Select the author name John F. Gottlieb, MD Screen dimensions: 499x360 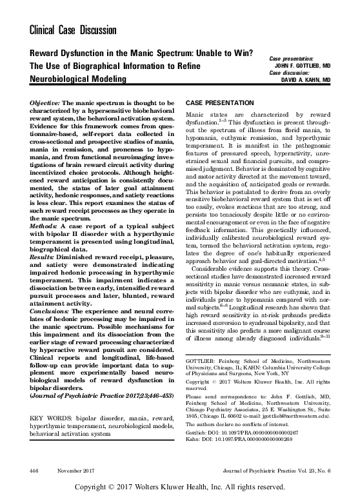tap(303, 65)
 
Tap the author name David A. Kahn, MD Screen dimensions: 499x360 tap(306, 80)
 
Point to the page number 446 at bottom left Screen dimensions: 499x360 tap(35, 470)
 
